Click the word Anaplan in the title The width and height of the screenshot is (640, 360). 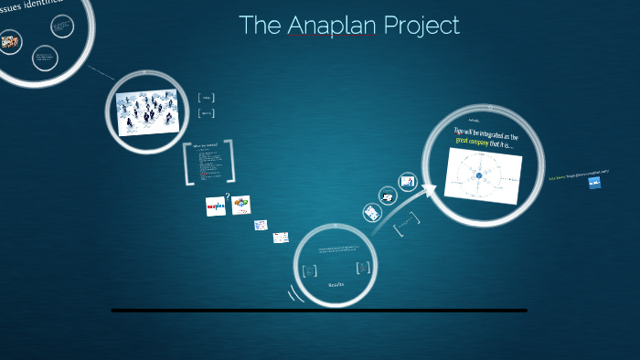click(331, 26)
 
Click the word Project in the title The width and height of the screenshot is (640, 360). click(421, 26)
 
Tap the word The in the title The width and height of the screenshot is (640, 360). click(260, 26)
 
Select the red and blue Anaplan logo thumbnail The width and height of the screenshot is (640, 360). click(215, 206)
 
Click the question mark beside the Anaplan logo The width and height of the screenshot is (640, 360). click(227, 194)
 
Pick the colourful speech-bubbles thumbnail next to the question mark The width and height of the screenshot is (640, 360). click(241, 206)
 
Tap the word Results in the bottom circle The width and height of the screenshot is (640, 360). click(336, 285)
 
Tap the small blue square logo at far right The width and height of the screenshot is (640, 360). click(594, 183)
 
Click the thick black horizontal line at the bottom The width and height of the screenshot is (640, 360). click(319, 311)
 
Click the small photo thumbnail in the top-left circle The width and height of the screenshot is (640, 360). click(11, 41)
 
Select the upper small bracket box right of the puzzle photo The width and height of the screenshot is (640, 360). click(207, 98)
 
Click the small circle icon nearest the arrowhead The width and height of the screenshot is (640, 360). click(408, 181)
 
